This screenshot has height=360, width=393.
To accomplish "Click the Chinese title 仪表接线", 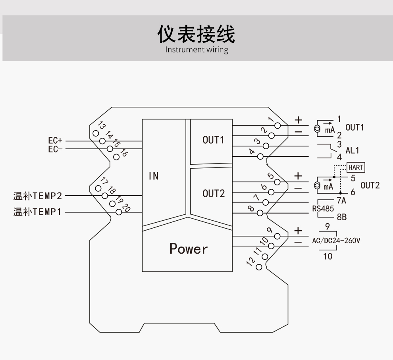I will [x=196, y=34].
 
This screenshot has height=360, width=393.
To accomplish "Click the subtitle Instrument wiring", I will [x=196, y=50].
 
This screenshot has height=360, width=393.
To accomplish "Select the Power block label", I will [x=189, y=249].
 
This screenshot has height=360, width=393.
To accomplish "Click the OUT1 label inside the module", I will [x=213, y=140].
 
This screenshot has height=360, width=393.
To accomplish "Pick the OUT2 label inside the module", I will [x=213, y=194].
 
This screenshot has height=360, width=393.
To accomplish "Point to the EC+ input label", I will [x=56, y=141].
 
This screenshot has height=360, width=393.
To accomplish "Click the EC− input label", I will [x=56, y=149].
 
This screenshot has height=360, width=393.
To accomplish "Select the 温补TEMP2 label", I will [x=38, y=196].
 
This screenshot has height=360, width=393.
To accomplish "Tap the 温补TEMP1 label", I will [x=38, y=212].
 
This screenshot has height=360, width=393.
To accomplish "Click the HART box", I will [x=356, y=167].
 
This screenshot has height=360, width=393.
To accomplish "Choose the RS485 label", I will [x=323, y=209].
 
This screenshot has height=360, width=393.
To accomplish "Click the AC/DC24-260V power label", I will [x=336, y=240].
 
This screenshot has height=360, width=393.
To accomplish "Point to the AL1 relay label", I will [x=352, y=151].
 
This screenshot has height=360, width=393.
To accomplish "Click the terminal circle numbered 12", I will [x=259, y=267].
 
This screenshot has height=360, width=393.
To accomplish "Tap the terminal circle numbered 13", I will [x=96, y=133].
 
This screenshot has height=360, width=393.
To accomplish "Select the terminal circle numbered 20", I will [x=118, y=212].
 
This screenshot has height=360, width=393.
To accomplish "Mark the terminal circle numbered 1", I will [x=277, y=126].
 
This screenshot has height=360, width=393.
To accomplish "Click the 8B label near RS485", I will [x=341, y=217].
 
